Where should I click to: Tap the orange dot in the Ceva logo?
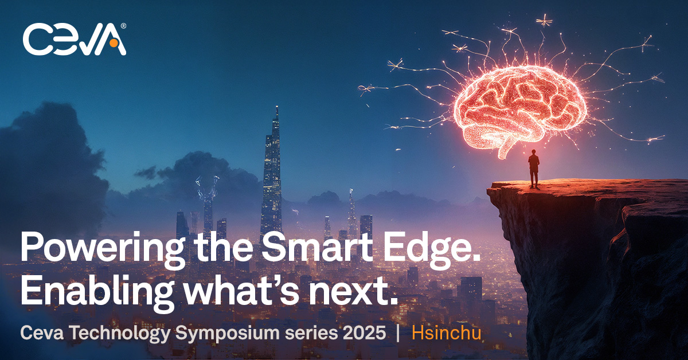114,43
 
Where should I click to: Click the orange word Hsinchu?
446,334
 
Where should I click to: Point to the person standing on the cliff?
534,168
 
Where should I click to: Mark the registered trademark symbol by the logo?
123,26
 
